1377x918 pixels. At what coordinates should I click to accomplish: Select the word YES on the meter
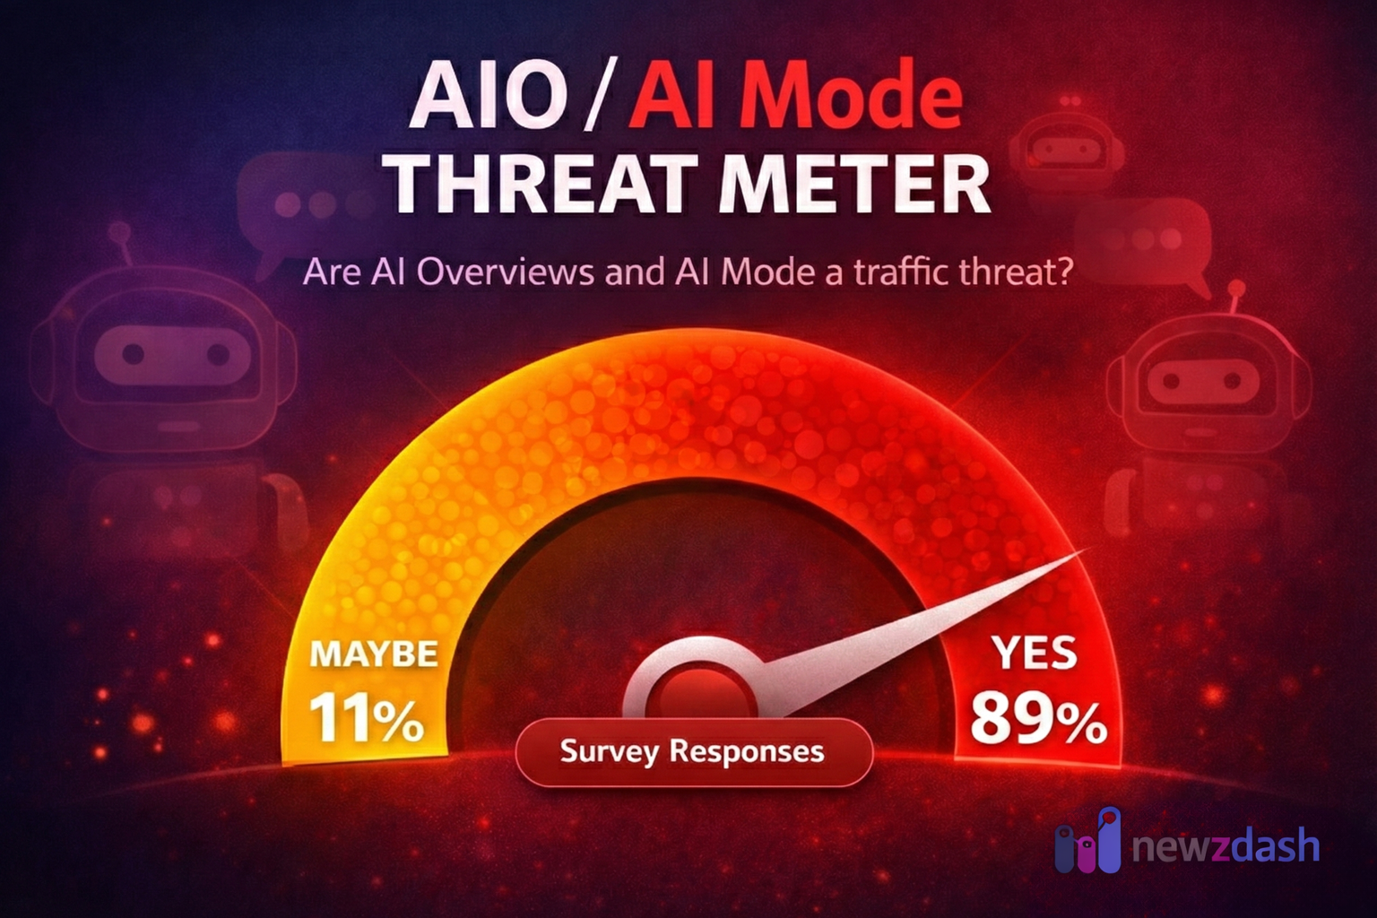pyautogui.click(x=1035, y=653)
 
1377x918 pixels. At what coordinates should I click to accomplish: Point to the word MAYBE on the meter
pyautogui.click(x=373, y=654)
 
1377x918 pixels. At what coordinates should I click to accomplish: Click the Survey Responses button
pyautogui.click(x=692, y=751)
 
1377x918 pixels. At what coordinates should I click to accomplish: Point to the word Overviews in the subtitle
pyautogui.click(x=505, y=271)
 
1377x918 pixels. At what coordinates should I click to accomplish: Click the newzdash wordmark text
pyautogui.click(x=1225, y=846)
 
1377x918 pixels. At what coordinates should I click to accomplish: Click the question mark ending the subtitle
pyautogui.click(x=1063, y=271)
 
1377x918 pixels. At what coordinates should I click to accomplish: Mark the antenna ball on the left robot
pyautogui.click(x=116, y=233)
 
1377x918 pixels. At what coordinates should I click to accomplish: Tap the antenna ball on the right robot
pyautogui.click(x=1236, y=289)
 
